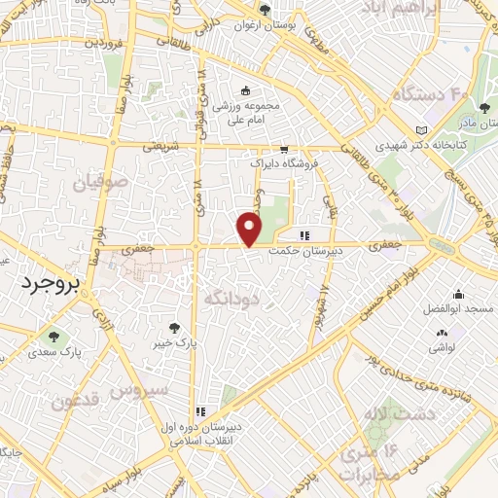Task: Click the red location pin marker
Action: click(x=251, y=230)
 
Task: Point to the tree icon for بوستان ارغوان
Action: click(x=265, y=10)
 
